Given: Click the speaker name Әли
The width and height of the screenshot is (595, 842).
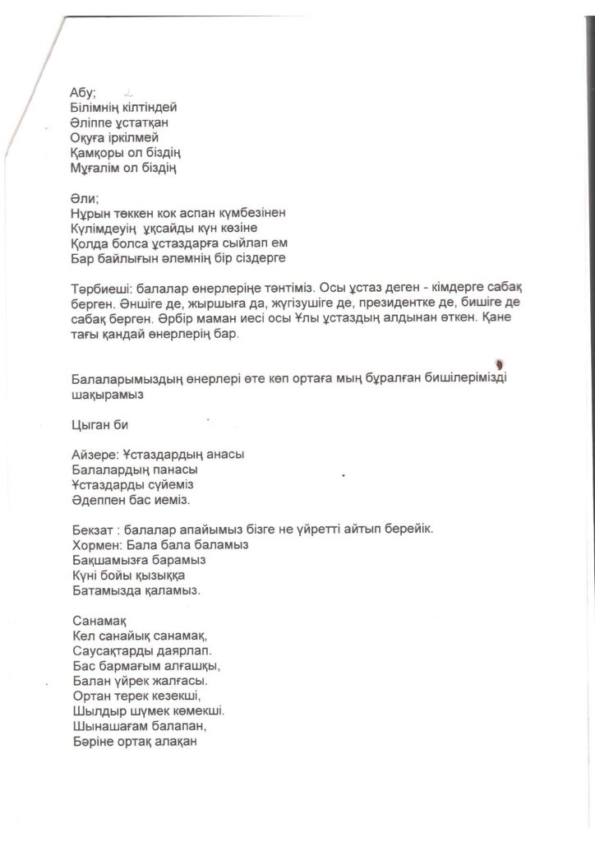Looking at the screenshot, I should [x=83, y=197].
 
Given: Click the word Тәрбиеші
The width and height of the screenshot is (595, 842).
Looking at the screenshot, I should [x=99, y=288].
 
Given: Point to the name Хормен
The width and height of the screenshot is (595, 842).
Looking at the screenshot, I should [x=96, y=544].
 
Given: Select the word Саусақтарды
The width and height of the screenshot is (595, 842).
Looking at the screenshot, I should [x=109, y=650].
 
